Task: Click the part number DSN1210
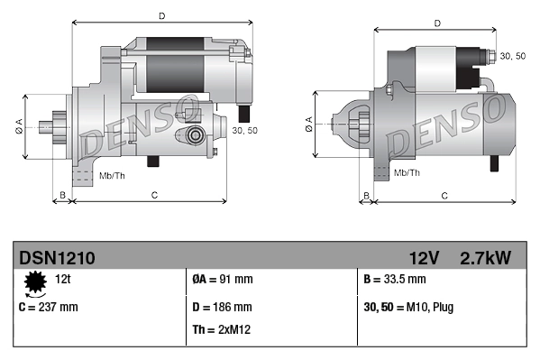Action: click(x=57, y=258)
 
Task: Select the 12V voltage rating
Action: click(x=424, y=258)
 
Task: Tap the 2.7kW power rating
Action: click(x=484, y=258)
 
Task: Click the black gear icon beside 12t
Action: click(x=36, y=285)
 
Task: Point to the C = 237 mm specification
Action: click(x=49, y=307)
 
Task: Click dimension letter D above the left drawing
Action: click(x=161, y=15)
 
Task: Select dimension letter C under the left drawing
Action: click(x=154, y=195)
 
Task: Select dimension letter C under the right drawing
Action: click(x=445, y=195)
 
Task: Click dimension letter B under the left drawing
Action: click(x=62, y=195)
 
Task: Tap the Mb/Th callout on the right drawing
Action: click(x=407, y=171)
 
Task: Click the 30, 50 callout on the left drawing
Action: click(x=244, y=131)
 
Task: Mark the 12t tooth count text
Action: click(x=63, y=279)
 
